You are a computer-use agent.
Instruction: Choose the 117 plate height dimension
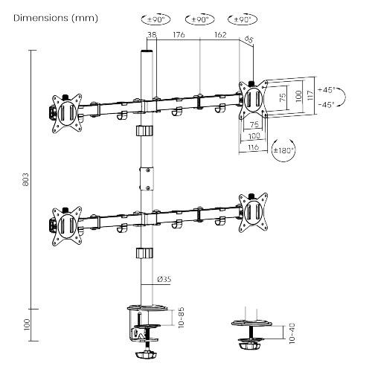click(311, 97)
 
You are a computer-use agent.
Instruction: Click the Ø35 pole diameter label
click(164, 279)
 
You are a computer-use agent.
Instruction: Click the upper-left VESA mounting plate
click(65, 111)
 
